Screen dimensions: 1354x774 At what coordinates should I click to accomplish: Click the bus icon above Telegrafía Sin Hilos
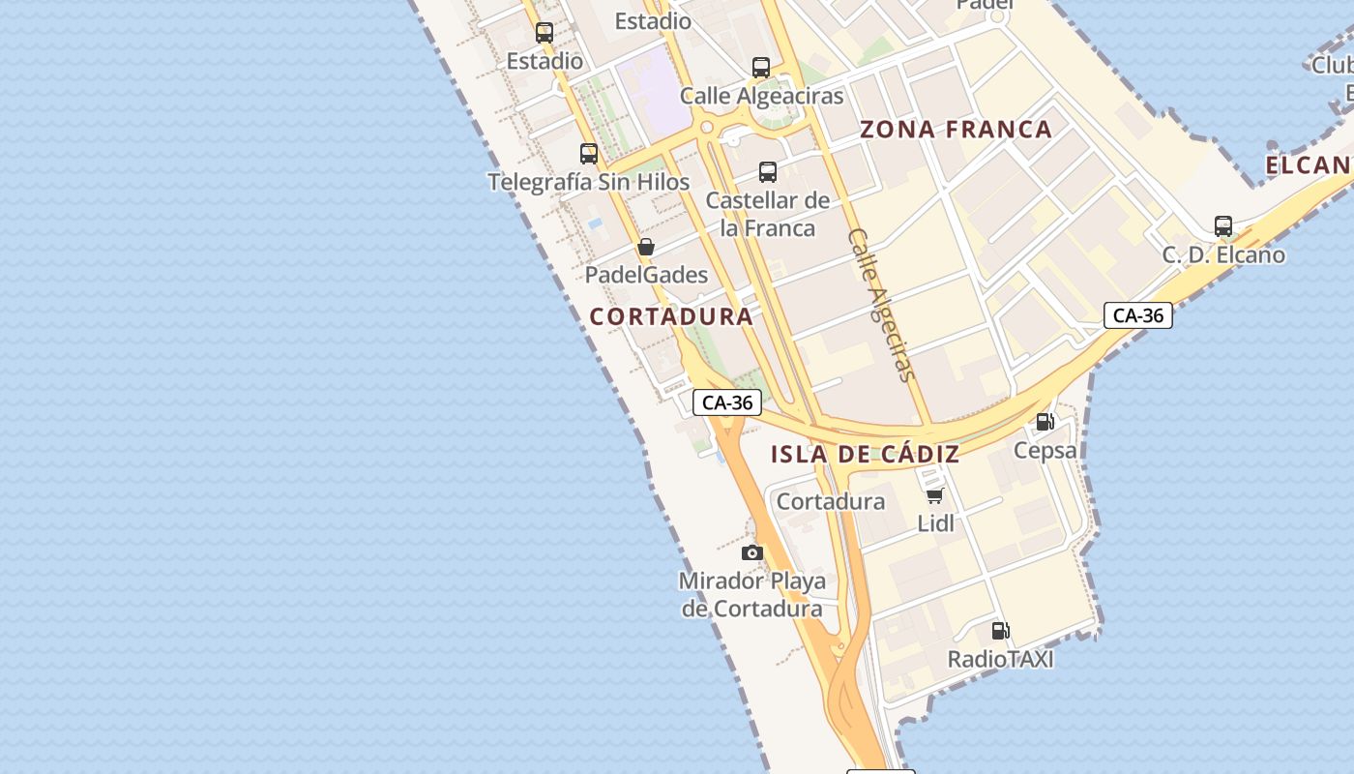tap(588, 153)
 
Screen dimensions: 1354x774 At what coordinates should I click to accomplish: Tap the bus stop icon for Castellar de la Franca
tap(768, 172)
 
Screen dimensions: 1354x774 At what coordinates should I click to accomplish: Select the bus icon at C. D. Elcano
tap(1223, 226)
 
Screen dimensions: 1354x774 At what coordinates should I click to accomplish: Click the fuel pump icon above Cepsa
tap(1045, 422)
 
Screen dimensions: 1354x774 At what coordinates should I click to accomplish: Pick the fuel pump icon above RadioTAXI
tap(1000, 631)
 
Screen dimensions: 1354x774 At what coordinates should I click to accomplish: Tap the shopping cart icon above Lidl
tap(934, 495)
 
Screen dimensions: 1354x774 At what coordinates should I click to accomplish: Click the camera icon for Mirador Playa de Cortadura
tap(752, 552)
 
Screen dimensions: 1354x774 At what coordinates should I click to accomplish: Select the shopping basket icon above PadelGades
tap(646, 247)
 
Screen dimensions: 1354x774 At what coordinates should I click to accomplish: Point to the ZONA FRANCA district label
tap(956, 130)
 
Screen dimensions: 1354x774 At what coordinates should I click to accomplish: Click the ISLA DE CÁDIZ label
tap(866, 454)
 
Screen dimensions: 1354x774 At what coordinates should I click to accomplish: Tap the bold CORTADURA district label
tap(671, 316)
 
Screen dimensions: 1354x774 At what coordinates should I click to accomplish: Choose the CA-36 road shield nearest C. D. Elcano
tap(1137, 315)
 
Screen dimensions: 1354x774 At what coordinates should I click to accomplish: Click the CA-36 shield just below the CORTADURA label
tap(727, 402)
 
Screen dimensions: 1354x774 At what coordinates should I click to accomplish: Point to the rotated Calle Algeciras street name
tap(881, 305)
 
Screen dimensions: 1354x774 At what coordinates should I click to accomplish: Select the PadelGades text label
tap(646, 275)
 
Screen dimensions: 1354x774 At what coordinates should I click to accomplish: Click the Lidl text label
tap(935, 523)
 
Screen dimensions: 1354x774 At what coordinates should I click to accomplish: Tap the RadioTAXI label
tap(1000, 659)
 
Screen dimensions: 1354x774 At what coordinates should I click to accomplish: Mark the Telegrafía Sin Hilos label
tap(588, 182)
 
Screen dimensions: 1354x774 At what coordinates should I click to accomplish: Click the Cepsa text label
tap(1045, 450)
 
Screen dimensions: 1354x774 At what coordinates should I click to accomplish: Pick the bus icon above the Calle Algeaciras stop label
tap(761, 68)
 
